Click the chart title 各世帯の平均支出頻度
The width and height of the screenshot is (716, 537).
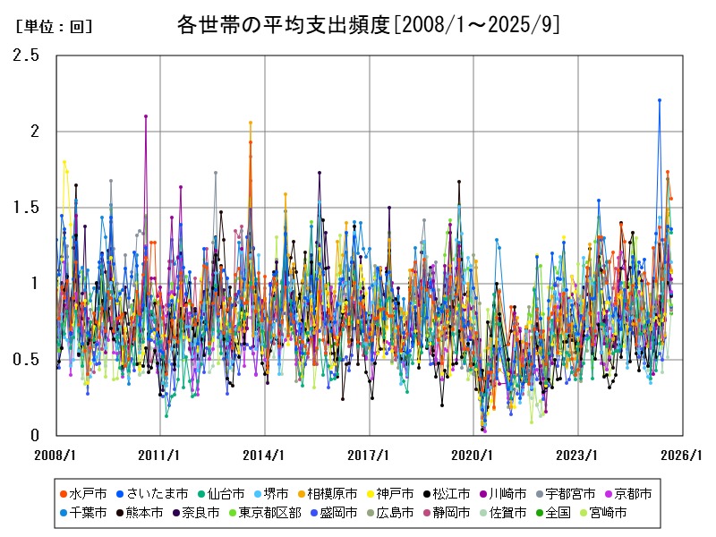point(369,25)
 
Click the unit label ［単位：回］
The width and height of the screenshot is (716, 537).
point(54,27)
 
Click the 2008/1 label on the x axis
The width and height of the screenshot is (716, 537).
point(56,455)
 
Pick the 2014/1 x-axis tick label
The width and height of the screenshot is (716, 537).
point(265,455)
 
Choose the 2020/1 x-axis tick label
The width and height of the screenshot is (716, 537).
point(473,455)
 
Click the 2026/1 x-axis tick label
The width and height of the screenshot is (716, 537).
point(682,455)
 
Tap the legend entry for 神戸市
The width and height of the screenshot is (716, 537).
point(394,493)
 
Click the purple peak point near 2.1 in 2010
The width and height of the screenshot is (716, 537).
point(146,116)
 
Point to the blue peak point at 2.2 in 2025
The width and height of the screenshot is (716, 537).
point(660,100)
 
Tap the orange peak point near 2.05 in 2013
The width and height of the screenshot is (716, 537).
point(251,123)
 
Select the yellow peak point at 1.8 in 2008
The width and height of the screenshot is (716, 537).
point(64,162)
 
